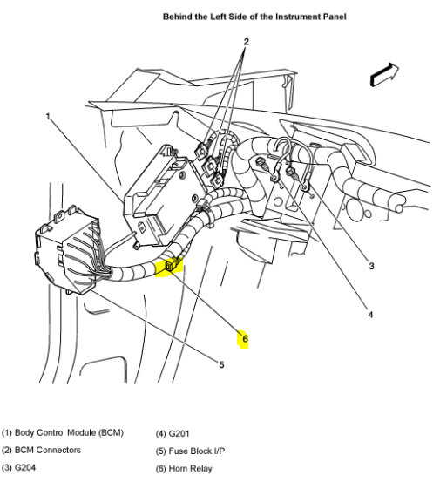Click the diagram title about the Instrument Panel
pyautogui.click(x=241, y=17)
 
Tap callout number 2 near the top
pyautogui.click(x=246, y=42)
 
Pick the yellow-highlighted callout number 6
pyautogui.click(x=245, y=338)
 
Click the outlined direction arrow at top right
pyautogui.click(x=384, y=75)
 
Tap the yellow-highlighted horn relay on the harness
pyautogui.click(x=168, y=267)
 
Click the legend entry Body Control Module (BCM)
pyautogui.click(x=63, y=433)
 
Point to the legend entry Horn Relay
pyautogui.click(x=187, y=468)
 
